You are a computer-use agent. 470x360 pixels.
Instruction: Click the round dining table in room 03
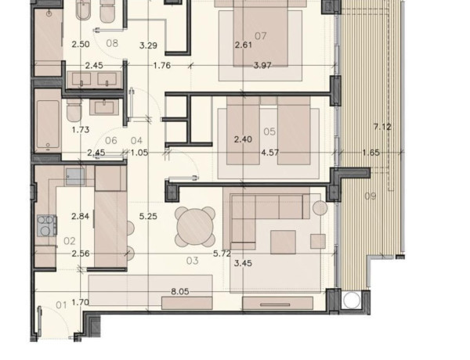(x=195, y=226)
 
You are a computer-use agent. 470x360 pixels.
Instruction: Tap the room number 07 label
(x=261, y=36)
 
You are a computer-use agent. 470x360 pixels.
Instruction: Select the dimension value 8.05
(x=180, y=291)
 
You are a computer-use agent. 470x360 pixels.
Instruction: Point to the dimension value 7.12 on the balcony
(x=382, y=127)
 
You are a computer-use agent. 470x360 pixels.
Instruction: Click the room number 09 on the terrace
(x=371, y=196)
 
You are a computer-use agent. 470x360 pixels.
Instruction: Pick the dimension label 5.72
(x=222, y=254)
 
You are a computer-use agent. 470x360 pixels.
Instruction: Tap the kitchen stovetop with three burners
(x=47, y=225)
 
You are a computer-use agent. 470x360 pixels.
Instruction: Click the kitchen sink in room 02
(x=75, y=176)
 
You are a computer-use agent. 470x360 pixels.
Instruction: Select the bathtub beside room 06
(x=48, y=124)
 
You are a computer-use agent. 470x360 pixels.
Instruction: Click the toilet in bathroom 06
(x=74, y=110)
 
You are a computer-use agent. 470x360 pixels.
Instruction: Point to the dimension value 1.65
(x=371, y=153)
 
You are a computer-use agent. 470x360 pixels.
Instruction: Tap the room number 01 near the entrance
(x=61, y=305)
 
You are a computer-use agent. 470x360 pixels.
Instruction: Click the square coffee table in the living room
(x=283, y=242)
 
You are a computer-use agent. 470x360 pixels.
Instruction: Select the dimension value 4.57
(x=269, y=153)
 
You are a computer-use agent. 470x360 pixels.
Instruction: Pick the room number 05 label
(x=269, y=131)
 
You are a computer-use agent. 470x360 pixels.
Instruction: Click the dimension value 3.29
(x=148, y=45)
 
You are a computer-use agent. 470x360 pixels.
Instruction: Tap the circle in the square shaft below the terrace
(x=351, y=300)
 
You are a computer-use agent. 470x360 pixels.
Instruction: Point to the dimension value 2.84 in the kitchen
(x=81, y=216)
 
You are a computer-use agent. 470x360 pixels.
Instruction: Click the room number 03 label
(x=193, y=261)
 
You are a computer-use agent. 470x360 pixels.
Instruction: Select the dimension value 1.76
(x=162, y=65)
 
